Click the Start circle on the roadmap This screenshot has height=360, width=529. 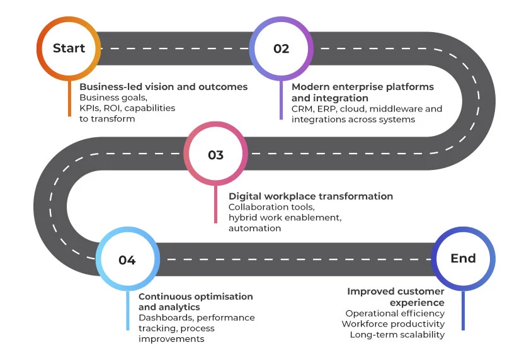(69, 48)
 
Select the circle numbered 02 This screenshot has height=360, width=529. (281, 48)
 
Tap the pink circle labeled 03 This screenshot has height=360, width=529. (215, 155)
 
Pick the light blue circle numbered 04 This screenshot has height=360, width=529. (127, 259)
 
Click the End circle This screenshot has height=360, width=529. (463, 258)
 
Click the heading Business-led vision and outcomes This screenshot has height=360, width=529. (163, 87)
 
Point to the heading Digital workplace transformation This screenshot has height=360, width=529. (310, 196)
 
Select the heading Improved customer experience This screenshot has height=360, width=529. (395, 297)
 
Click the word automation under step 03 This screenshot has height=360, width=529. (254, 228)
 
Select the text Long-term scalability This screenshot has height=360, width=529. (397, 334)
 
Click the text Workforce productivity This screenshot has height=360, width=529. (393, 323)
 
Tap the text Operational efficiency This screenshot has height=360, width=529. (395, 313)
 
